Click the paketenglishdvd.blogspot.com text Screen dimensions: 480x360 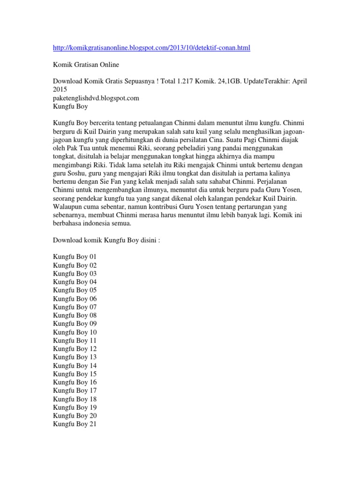96,98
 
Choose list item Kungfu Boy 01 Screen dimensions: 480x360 75,257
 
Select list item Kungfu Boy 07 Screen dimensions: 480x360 75,307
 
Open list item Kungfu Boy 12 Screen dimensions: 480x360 75,349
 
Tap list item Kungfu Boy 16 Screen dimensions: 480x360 75,382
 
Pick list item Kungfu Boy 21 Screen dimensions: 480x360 75,424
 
